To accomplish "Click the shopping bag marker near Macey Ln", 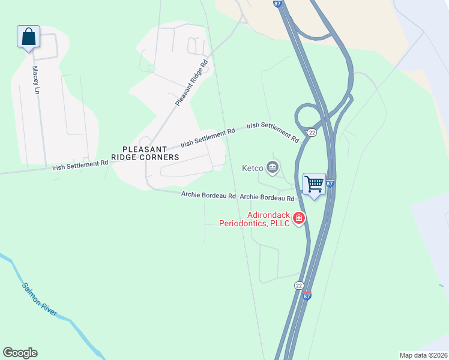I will point(29,37).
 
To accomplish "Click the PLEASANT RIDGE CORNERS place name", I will point(151,153).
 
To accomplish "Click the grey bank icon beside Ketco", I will point(273,167).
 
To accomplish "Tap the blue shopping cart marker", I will point(314,184).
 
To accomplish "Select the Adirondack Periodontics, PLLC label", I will point(268,219).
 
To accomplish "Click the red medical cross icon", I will point(298,218).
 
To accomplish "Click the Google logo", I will point(20,353).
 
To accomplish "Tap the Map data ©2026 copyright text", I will point(423,355).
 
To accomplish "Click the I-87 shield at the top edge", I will point(277,3).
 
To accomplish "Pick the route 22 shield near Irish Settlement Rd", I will point(312,133).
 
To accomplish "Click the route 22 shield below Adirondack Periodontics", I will point(299,286).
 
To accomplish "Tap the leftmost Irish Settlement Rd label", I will point(80,163).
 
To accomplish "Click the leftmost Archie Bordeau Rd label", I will point(208,195).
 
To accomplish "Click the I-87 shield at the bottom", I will point(307,296).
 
